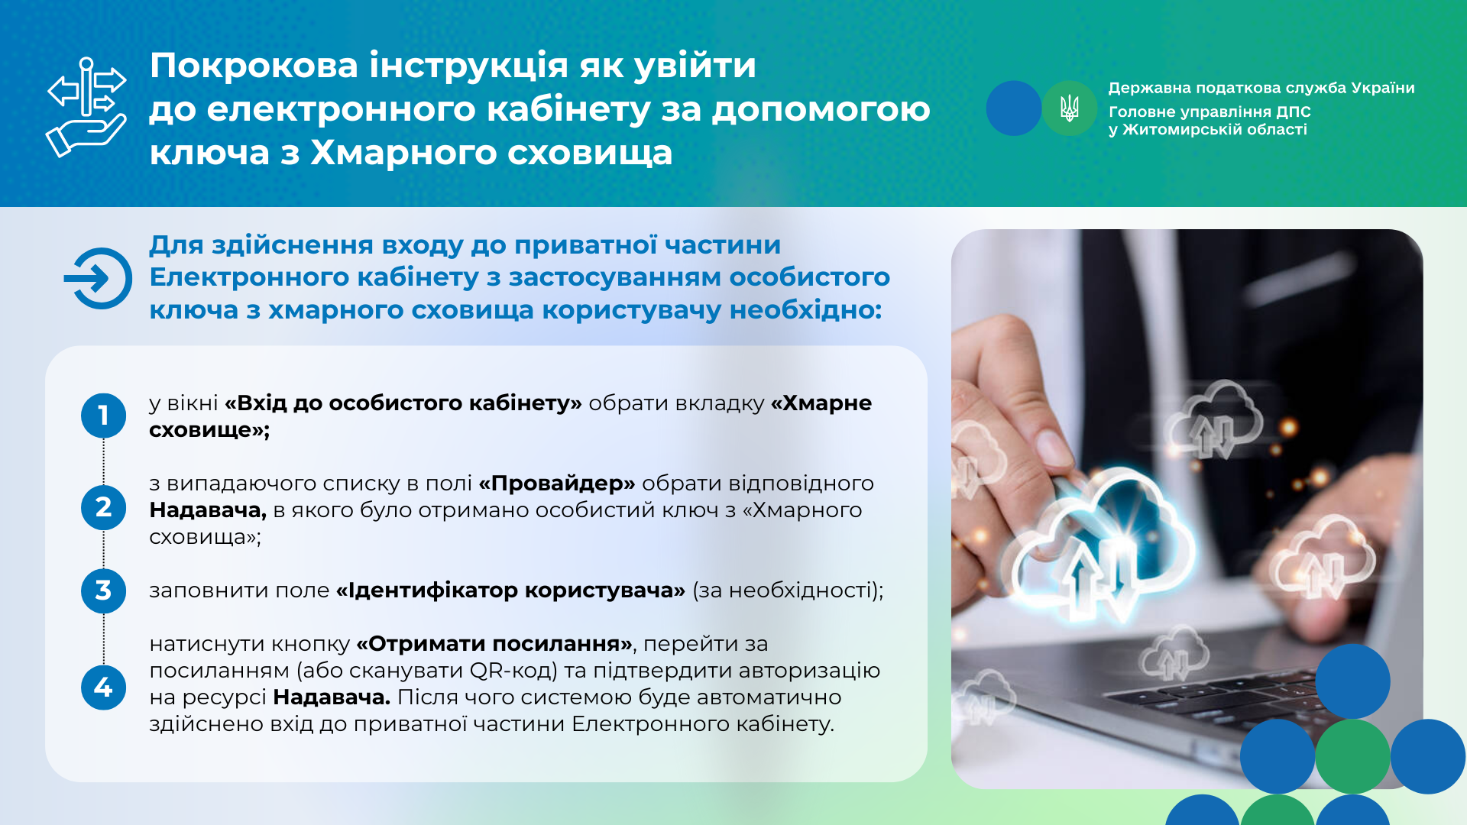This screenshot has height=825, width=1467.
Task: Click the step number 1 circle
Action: coord(103,416)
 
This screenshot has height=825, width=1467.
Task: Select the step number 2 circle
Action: coord(103,507)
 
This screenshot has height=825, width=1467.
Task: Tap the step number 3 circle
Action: coord(103,590)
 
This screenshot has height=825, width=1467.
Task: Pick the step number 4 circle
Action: coord(103,687)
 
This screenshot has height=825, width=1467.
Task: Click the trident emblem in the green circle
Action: coord(1070,108)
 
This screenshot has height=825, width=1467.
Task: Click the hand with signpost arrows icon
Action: coord(86,107)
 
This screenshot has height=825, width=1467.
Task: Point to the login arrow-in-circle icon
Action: coord(99,278)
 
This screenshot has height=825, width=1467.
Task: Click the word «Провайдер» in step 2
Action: coord(557,484)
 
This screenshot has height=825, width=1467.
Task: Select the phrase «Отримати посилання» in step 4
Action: coord(494,644)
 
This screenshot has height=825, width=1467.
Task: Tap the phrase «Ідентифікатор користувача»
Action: coord(510,590)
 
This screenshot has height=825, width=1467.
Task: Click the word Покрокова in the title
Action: coord(254,66)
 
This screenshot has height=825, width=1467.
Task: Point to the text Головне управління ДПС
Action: coord(1210,112)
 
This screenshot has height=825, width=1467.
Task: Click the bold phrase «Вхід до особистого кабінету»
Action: coord(403,403)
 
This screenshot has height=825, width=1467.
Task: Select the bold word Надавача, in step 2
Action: coord(208,510)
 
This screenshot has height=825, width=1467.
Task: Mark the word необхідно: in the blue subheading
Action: coord(806,310)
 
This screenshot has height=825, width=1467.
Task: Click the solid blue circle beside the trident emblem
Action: coord(1014,108)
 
